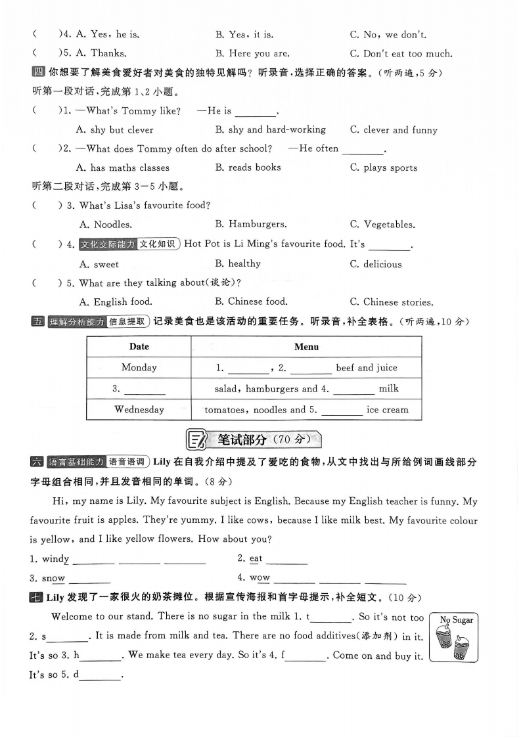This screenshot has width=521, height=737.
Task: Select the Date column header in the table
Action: (x=139, y=346)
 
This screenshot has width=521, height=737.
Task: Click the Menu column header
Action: (x=306, y=346)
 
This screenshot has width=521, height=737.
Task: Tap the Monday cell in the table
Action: (x=139, y=367)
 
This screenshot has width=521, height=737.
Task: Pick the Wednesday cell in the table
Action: (x=139, y=409)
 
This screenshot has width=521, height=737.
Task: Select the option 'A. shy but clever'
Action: (x=115, y=130)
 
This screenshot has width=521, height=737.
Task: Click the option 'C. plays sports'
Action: (x=384, y=167)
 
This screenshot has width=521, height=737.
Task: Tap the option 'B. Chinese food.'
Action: (x=251, y=301)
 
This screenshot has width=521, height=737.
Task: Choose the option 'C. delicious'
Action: (x=375, y=264)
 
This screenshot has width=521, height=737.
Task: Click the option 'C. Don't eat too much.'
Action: (x=401, y=53)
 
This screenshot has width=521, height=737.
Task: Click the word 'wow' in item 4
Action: (x=260, y=578)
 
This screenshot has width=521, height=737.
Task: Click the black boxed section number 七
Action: (x=37, y=597)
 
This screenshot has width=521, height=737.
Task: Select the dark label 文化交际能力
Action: (x=108, y=244)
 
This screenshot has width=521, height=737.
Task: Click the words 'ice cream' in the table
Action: (x=388, y=409)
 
